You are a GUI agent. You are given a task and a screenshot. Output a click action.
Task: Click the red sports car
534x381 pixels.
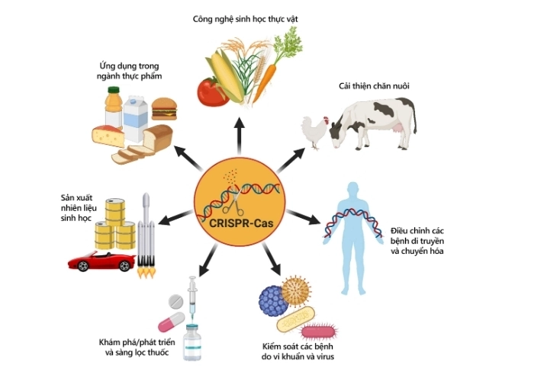pyautogui.click(x=101, y=261)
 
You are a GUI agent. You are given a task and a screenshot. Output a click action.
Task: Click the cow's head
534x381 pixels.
pyautogui.click(x=338, y=131)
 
